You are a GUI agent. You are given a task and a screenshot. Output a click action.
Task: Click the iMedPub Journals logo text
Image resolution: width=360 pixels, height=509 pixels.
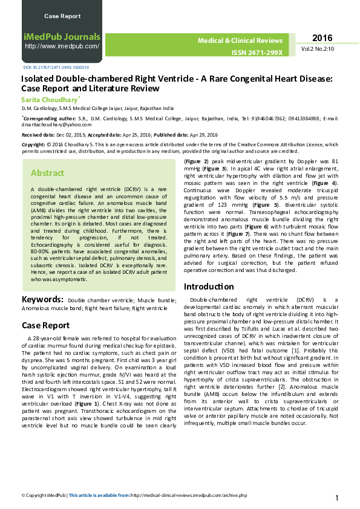(x=62, y=36)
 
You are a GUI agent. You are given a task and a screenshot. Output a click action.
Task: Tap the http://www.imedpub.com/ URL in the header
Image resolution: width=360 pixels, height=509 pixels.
(x=62, y=46)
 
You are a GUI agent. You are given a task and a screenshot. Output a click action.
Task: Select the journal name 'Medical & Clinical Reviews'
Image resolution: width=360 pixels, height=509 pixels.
(x=240, y=41)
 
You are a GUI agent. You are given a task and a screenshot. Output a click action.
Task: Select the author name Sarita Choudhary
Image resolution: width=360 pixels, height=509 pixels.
(x=50, y=99)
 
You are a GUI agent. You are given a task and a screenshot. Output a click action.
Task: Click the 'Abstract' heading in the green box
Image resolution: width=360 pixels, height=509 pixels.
(x=47, y=173)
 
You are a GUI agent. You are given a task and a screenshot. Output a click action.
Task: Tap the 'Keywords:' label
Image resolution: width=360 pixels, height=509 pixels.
(x=42, y=300)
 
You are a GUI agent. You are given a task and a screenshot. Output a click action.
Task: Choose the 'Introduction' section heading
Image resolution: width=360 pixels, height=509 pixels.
(x=209, y=287)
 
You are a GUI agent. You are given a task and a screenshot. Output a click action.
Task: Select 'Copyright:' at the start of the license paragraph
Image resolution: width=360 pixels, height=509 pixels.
(x=33, y=145)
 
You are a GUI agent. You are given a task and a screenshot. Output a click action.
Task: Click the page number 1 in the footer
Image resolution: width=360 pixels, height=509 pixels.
(x=336, y=498)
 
